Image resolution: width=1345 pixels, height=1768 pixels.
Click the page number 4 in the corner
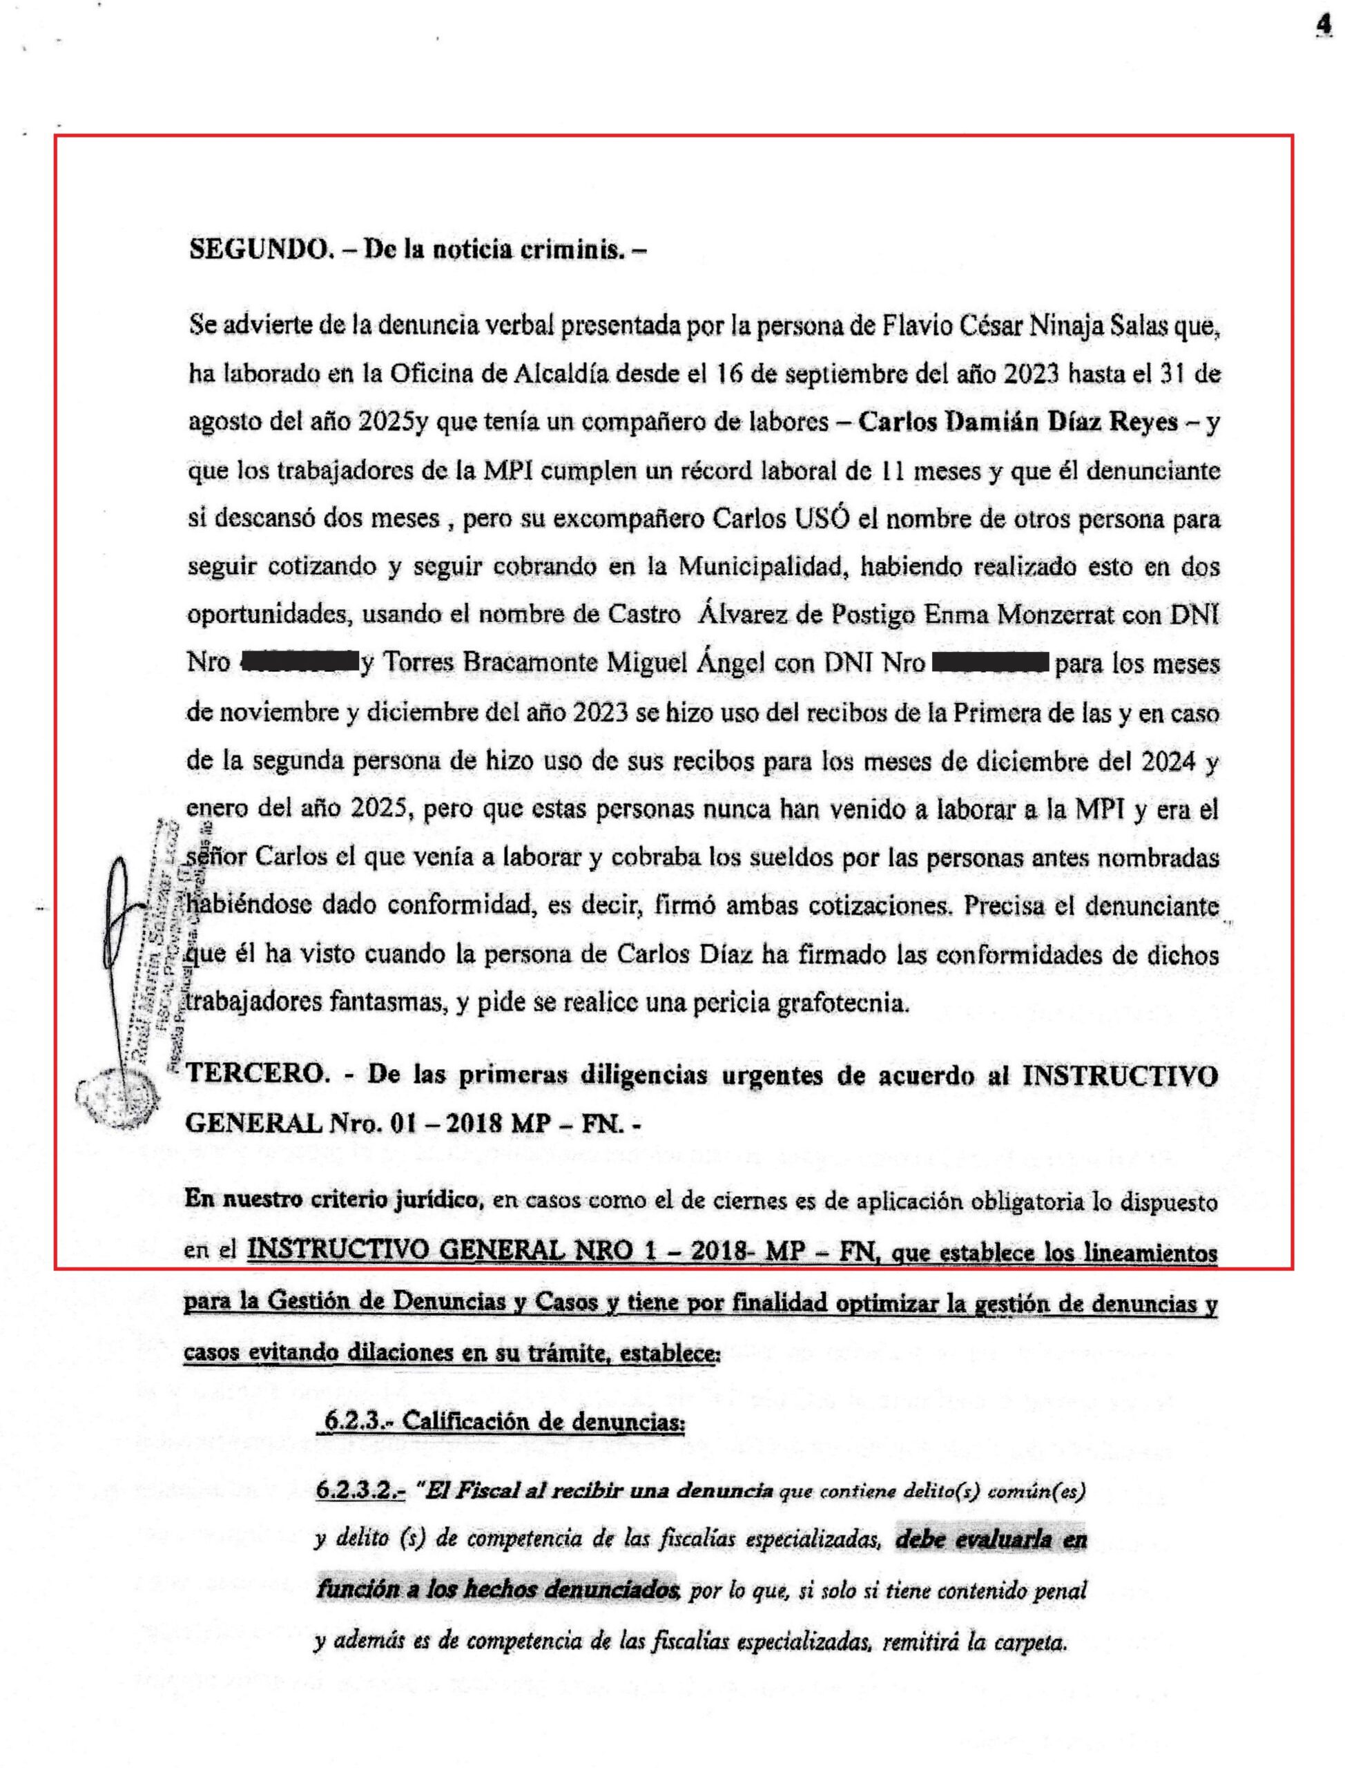[x=1323, y=26]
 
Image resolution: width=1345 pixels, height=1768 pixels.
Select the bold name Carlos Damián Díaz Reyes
[x=1018, y=422]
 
